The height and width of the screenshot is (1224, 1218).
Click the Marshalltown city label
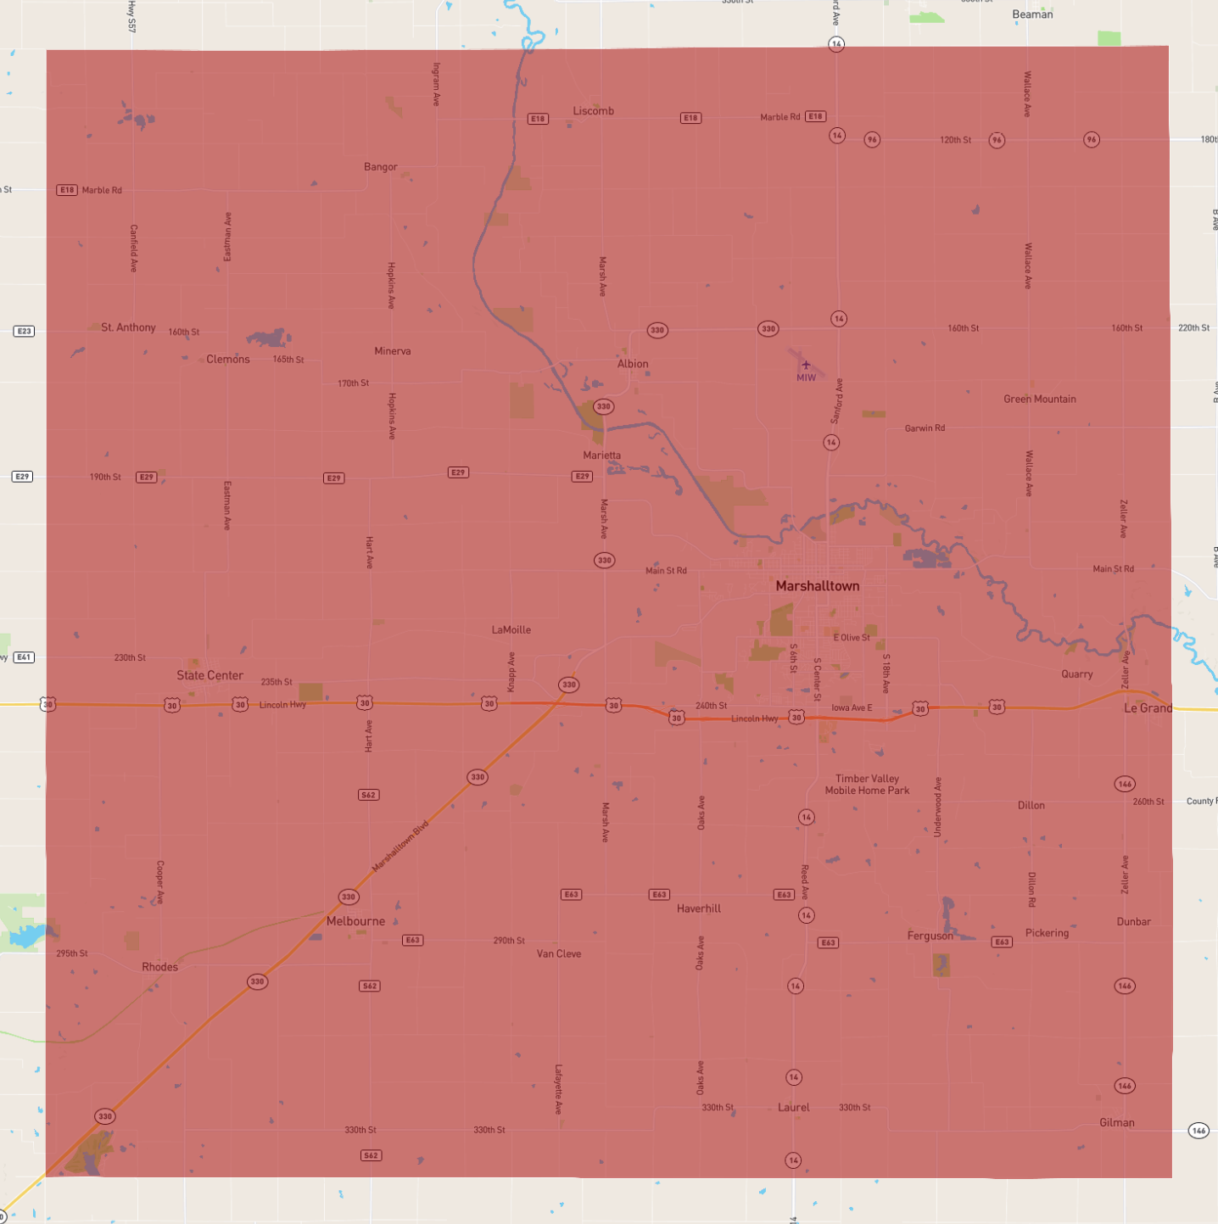pyautogui.click(x=818, y=586)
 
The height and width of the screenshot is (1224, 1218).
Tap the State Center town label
pyautogui.click(x=210, y=675)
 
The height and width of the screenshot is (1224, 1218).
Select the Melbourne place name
pyautogui.click(x=355, y=921)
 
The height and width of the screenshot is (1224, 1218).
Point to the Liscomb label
pyautogui.click(x=593, y=111)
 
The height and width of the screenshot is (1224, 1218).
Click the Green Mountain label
pyautogui.click(x=1040, y=399)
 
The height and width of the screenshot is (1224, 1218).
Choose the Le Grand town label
pyautogui.click(x=1148, y=708)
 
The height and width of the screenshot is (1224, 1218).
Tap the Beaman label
pyautogui.click(x=1032, y=14)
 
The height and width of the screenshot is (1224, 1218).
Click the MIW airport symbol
pyautogui.click(x=806, y=366)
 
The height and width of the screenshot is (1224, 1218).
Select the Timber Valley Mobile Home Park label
pyautogui.click(x=867, y=785)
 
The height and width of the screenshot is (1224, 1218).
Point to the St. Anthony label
pyautogui.click(x=128, y=327)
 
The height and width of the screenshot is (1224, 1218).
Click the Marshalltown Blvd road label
pyautogui.click(x=400, y=846)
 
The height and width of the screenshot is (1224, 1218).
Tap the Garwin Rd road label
pyautogui.click(x=925, y=428)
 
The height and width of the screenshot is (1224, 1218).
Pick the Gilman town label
pyautogui.click(x=1116, y=1122)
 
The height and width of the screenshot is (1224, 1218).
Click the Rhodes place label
pyautogui.click(x=159, y=967)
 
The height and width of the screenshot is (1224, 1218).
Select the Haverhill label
pyautogui.click(x=699, y=908)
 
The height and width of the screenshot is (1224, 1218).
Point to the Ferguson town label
pyautogui.click(x=930, y=936)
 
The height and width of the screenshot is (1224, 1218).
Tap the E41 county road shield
pyautogui.click(x=24, y=657)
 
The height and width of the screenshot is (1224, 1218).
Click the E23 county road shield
pyautogui.click(x=24, y=331)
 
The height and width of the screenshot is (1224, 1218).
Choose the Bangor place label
pyautogui.click(x=380, y=167)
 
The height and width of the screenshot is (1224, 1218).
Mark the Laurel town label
pyautogui.click(x=793, y=1107)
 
